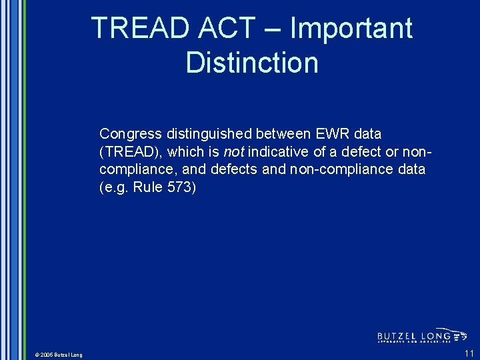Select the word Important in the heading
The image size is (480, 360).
tap(351, 29)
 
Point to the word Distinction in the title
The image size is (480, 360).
tap(252, 63)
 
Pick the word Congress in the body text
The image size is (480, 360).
tap(130, 134)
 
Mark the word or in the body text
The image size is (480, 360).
tap(393, 152)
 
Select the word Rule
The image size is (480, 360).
tap(147, 187)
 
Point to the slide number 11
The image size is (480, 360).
tap(469, 353)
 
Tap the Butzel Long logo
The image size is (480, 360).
tap(422, 336)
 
